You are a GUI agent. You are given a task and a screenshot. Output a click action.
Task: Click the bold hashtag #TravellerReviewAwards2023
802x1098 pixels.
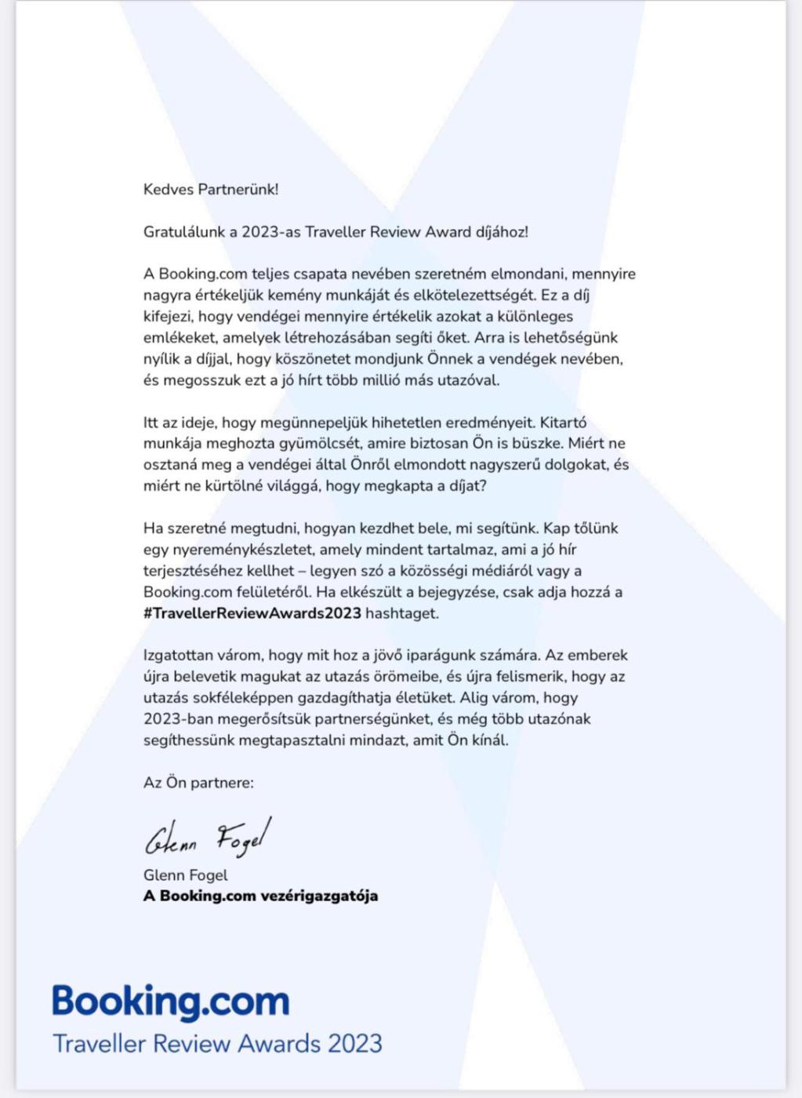pos(252,613)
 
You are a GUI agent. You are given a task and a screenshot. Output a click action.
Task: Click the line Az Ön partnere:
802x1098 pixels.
pos(198,783)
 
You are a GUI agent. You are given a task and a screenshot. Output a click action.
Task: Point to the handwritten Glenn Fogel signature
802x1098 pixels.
pos(208,838)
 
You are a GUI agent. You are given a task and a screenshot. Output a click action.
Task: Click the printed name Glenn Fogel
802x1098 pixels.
pos(186,875)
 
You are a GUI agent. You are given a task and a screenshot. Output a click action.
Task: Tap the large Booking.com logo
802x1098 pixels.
pos(171,1002)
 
